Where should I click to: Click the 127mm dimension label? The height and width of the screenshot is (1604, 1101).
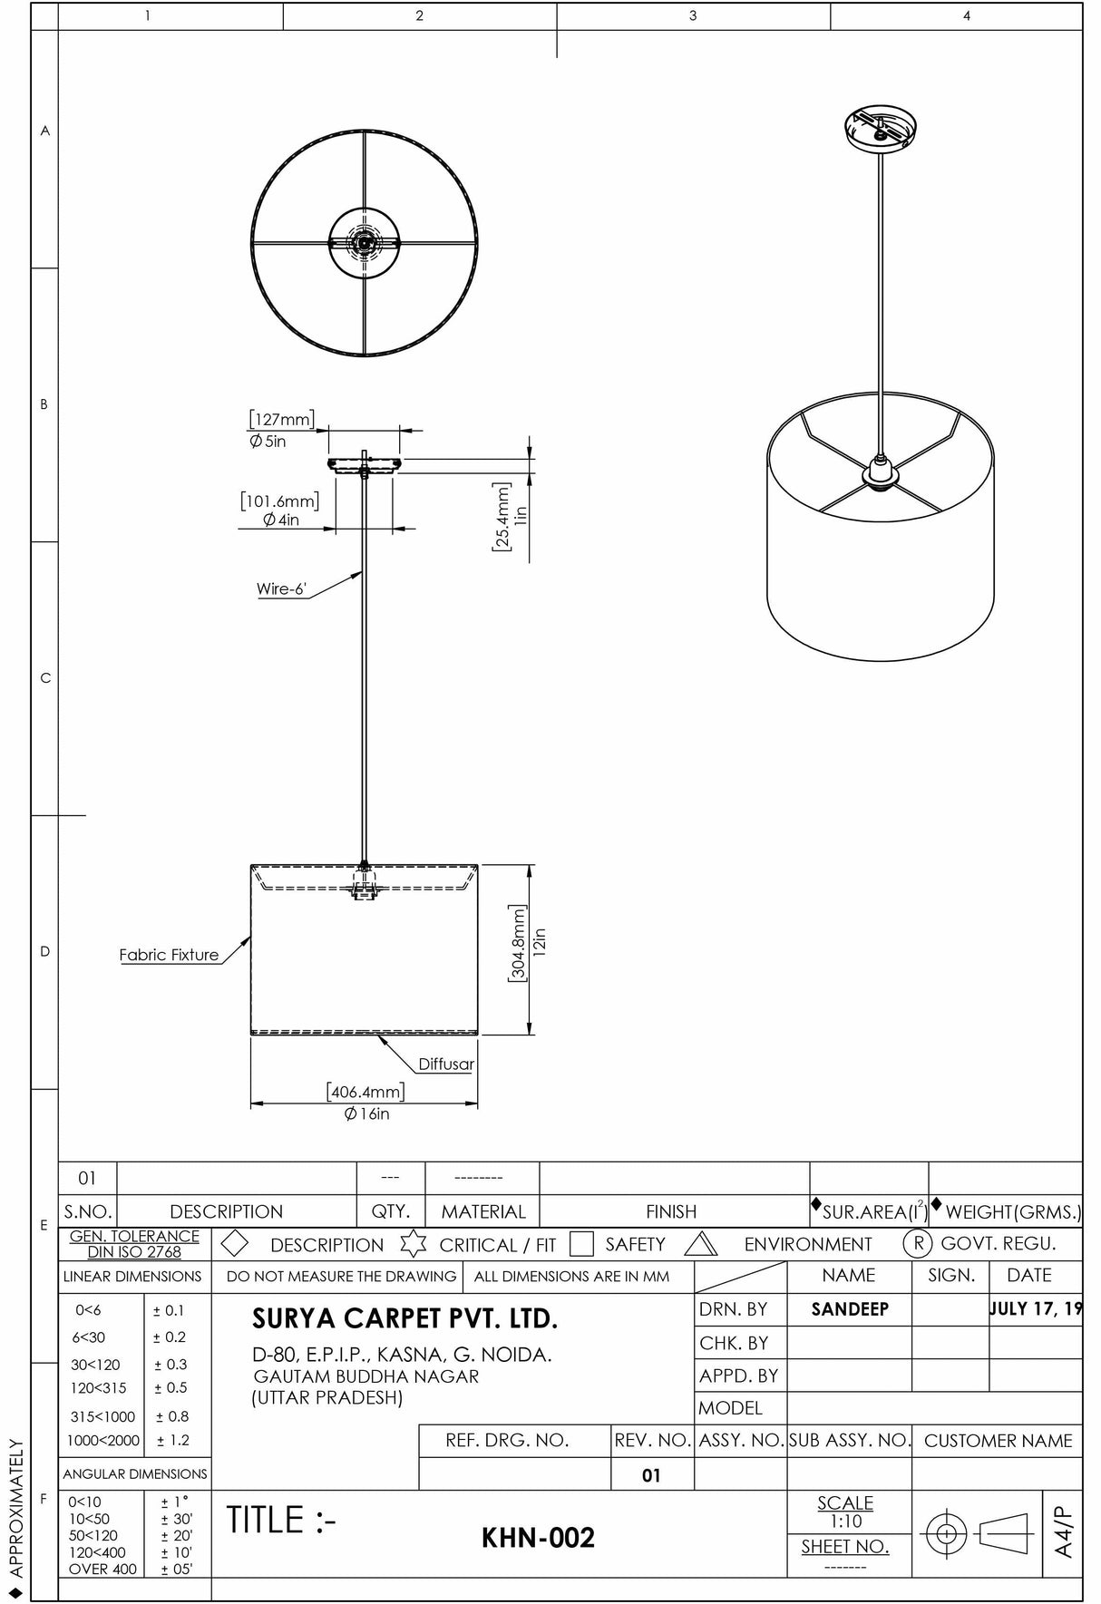click(x=282, y=420)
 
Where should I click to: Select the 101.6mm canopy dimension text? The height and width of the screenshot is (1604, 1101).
click(x=280, y=501)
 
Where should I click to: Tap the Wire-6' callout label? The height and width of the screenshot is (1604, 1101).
click(x=281, y=589)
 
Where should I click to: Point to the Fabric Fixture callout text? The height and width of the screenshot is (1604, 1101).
click(x=169, y=955)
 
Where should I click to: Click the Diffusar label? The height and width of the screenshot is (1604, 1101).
click(x=445, y=1064)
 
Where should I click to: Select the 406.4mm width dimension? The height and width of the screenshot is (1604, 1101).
click(x=365, y=1093)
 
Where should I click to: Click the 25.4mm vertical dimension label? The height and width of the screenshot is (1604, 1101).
click(x=502, y=517)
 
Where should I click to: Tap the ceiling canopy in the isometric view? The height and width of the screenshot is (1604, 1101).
click(x=880, y=129)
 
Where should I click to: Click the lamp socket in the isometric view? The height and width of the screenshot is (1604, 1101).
click(x=880, y=472)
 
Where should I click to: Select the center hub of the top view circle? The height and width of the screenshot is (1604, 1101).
click(x=365, y=242)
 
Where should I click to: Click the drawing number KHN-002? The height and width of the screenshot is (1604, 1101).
click(x=538, y=1538)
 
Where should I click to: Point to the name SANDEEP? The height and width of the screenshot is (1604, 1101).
click(x=850, y=1309)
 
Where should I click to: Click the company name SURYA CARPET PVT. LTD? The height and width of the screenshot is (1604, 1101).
click(x=404, y=1318)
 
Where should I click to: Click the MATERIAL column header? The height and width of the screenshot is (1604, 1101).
click(x=482, y=1211)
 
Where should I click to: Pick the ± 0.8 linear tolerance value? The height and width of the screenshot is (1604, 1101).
click(x=172, y=1416)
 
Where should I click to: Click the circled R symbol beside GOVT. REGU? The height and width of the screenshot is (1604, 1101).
click(x=918, y=1244)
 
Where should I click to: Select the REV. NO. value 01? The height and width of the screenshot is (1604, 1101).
click(x=651, y=1475)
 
